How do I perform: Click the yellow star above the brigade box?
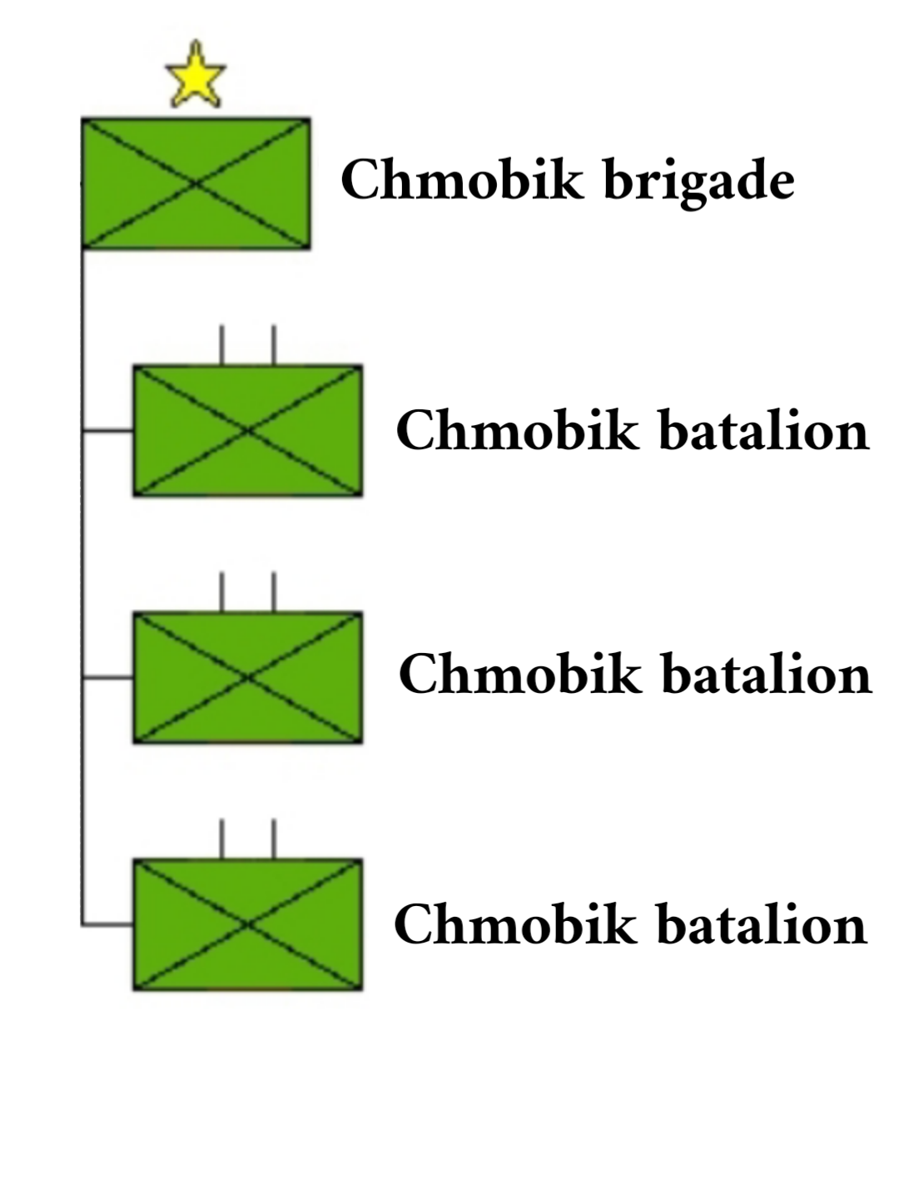[196, 77]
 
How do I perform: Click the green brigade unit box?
[196, 183]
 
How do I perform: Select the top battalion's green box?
[248, 431]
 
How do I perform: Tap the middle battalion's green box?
[248, 678]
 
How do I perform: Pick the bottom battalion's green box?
[248, 924]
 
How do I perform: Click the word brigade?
[698, 181]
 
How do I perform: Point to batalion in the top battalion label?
[763, 431]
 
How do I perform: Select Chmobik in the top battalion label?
[517, 431]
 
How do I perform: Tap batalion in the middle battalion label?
[766, 674]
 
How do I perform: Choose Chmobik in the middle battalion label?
[520, 674]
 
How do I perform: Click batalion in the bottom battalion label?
[762, 924]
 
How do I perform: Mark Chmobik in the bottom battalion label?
[515, 924]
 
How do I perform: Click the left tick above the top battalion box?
[221, 345]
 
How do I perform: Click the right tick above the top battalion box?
[274, 345]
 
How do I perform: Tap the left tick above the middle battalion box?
[221, 592]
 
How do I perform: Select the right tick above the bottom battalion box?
[274, 839]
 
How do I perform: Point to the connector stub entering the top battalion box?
[108, 431]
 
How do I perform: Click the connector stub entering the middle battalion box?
[108, 678]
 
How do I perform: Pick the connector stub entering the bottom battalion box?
[108, 924]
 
